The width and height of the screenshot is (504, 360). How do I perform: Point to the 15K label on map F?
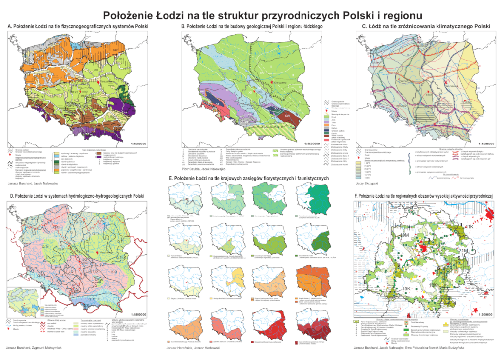point(406,288)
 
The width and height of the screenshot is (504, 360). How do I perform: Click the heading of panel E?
point(251,178)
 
